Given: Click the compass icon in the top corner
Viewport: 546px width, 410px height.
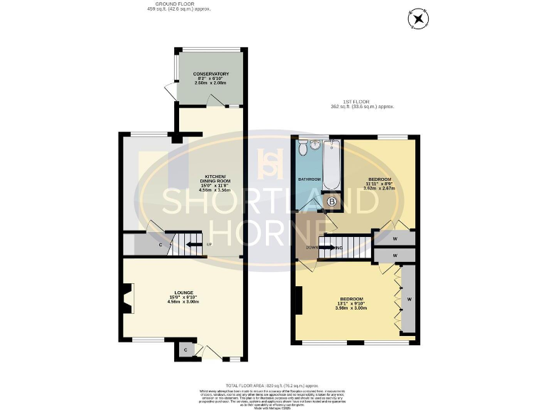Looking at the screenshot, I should pyautogui.click(x=417, y=19).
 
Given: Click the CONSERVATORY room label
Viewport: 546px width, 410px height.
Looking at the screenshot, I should pyautogui.click(x=210, y=74).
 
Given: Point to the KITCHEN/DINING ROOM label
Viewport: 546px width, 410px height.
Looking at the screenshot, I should pyautogui.click(x=215, y=178).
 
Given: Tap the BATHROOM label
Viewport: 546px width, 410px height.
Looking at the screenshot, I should pyautogui.click(x=309, y=179).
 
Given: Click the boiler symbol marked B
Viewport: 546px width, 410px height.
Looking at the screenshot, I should pyautogui.click(x=332, y=202).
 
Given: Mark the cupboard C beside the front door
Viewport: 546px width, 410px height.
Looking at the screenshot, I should pyautogui.click(x=185, y=349).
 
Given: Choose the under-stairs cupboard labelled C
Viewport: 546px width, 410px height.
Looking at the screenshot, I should pyautogui.click(x=161, y=246).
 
